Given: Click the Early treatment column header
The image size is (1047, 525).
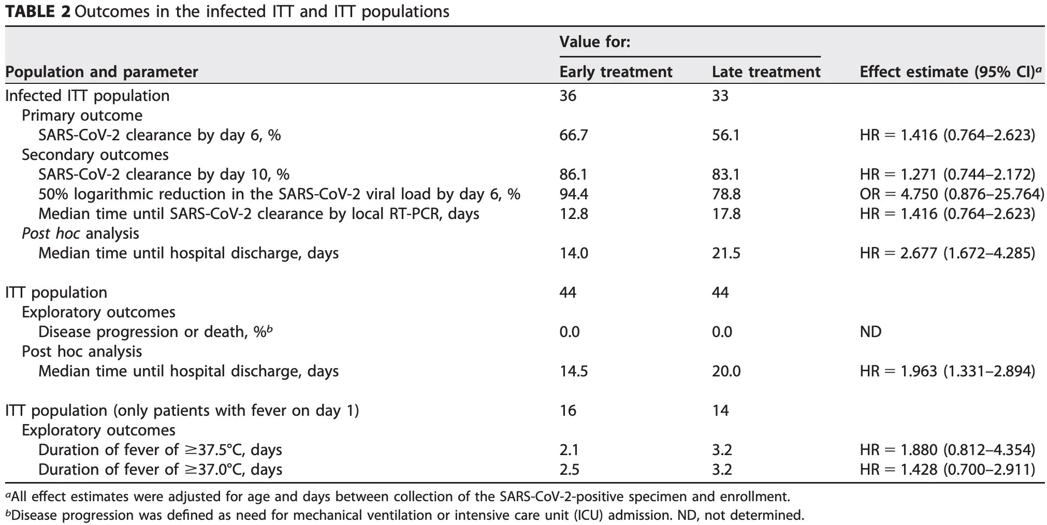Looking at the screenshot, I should point(616,71).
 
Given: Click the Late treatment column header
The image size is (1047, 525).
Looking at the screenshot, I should point(766,71).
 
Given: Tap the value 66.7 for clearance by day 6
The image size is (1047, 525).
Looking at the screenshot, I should point(573,135).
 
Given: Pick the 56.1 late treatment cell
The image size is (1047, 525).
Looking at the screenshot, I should point(726,135).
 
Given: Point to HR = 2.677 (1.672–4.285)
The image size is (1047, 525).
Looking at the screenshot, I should point(947,253).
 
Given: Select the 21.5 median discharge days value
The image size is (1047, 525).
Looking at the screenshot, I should point(726,253).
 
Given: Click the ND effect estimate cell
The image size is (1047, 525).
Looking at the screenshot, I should point(870,332).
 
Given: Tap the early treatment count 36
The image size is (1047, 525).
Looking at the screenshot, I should point(568,96).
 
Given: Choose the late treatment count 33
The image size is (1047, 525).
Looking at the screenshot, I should point(720,96).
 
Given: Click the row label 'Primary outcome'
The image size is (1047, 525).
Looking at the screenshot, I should point(82,115).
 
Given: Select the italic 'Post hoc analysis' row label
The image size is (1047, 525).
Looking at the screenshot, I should point(80,234).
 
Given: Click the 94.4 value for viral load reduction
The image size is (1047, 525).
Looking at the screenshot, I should point(573,194).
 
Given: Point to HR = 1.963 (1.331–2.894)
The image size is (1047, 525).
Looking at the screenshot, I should point(947,371).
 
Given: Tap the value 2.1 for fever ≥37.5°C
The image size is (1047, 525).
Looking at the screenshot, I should point(569,450).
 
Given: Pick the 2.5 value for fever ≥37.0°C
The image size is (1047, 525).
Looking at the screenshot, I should point(569,470).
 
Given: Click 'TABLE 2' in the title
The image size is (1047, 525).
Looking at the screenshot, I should point(37,11).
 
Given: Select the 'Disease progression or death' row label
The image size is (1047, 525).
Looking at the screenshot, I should point(155,332).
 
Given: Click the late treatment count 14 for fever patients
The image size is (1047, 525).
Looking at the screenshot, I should point(720,411).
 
